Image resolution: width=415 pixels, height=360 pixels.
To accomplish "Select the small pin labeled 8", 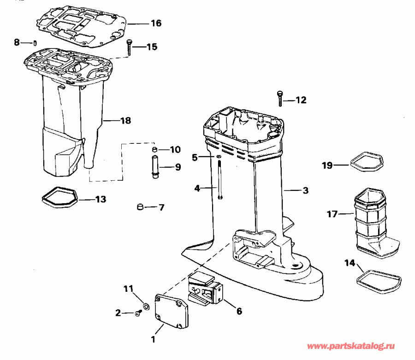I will coord(35,43).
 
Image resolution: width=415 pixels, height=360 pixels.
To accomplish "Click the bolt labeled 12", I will coord(279,98).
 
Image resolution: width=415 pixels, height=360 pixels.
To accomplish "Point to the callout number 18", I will coord(125,121).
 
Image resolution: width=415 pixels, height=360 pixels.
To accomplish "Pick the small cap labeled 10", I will coord(155,150).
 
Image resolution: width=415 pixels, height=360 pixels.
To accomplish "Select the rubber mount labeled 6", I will coord(206,289).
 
